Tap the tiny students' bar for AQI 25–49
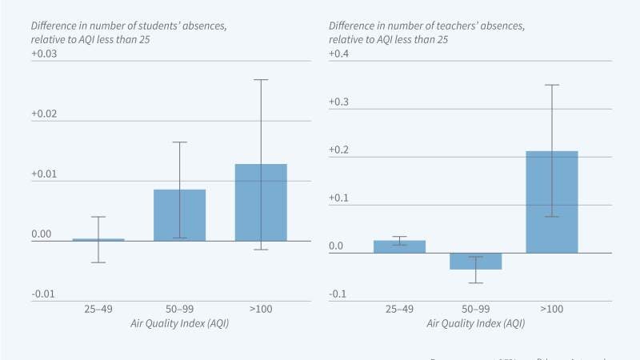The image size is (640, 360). click(98, 239)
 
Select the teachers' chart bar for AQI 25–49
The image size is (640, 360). click(399, 246)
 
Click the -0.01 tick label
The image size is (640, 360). click(43, 294)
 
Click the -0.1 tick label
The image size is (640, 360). click(338, 294)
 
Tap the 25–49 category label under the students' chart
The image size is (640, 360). click(98, 309)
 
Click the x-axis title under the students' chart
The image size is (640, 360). click(179, 323)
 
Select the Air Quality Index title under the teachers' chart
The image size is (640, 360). click(475, 323)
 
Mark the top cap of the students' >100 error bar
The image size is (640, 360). click(261, 79)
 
